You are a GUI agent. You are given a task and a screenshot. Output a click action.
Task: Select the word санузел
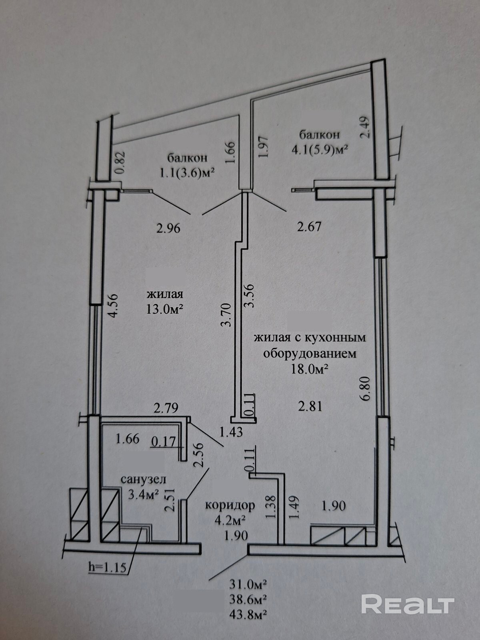tap(143, 479)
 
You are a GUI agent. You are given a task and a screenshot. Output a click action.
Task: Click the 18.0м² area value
tap(310, 370)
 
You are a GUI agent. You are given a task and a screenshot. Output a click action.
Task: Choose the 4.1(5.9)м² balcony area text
tap(320, 151)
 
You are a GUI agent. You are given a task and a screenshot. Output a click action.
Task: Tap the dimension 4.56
tap(112, 306)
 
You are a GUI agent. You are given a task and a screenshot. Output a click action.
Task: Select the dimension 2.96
tap(168, 228)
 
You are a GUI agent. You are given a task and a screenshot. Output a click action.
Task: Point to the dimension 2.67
tap(309, 227)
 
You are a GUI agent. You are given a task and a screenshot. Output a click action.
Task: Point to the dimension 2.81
tap(310, 406)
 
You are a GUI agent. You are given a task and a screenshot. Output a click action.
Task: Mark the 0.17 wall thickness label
tap(164, 441)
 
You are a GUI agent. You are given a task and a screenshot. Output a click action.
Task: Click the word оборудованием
tap(310, 354)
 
